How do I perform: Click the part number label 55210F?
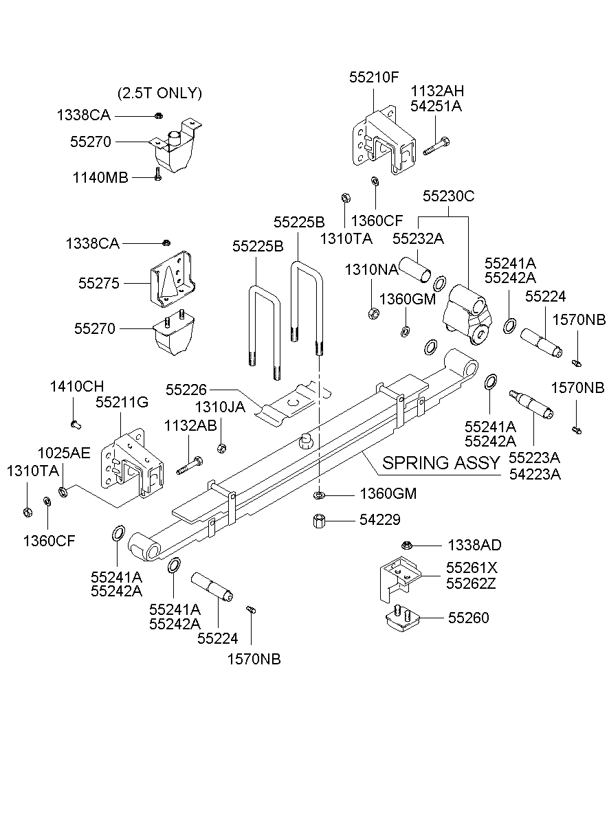(373, 77)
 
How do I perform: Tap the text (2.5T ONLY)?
(159, 93)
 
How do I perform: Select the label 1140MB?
(100, 178)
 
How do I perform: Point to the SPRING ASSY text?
(441, 462)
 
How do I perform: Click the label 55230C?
(448, 196)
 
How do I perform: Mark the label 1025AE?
(63, 453)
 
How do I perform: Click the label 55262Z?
(471, 584)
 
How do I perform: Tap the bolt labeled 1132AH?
(436, 146)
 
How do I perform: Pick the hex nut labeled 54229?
(319, 521)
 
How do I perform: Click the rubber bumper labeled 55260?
(401, 618)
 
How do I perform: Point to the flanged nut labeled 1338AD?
(407, 545)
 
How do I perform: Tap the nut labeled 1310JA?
(221, 449)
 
